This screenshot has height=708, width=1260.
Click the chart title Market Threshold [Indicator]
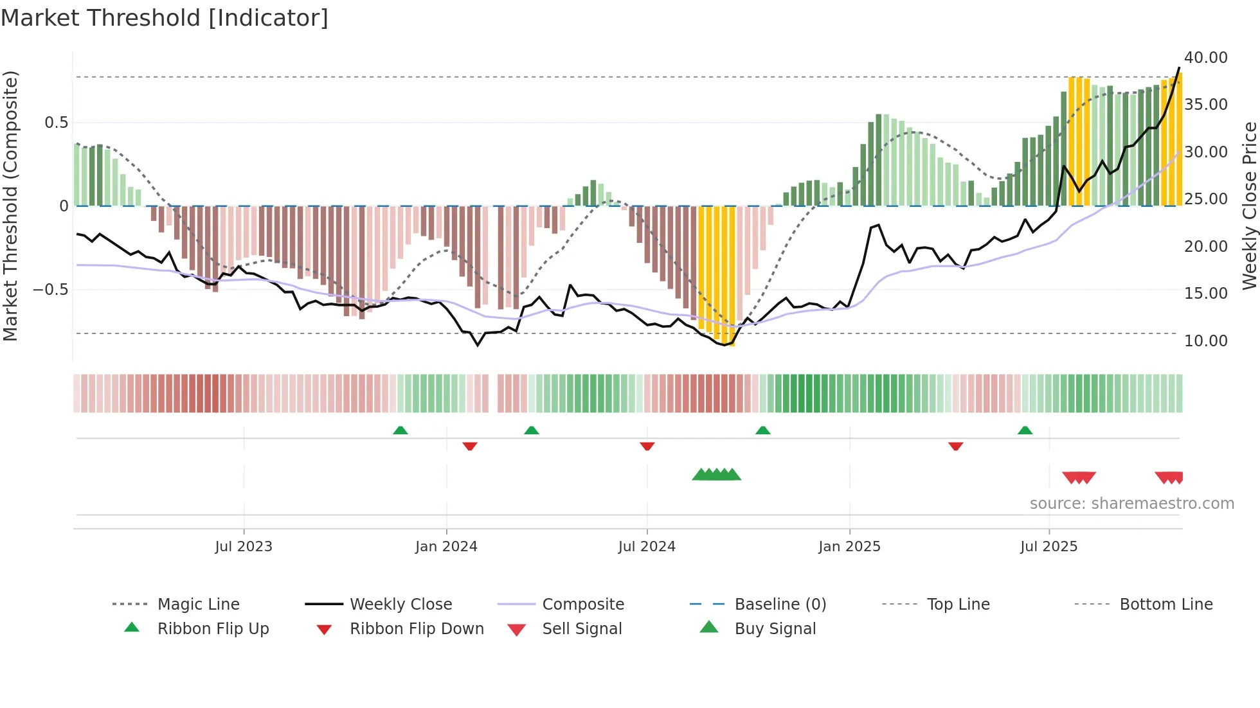click(165, 18)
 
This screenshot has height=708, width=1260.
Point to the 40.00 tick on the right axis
click(1205, 58)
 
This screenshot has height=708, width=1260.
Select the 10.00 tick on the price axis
click(1205, 341)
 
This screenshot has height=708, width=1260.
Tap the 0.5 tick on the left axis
click(56, 123)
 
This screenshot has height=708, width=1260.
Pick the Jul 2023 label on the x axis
click(244, 547)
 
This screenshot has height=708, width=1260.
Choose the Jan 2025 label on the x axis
click(849, 547)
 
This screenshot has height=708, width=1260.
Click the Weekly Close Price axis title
click(1248, 206)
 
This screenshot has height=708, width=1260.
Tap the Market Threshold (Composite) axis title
click(10, 206)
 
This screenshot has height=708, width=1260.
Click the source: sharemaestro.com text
click(1131, 504)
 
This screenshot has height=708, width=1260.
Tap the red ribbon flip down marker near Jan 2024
click(470, 446)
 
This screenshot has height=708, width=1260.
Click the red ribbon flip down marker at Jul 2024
click(647, 446)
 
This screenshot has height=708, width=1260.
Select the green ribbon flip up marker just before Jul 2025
click(1025, 430)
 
